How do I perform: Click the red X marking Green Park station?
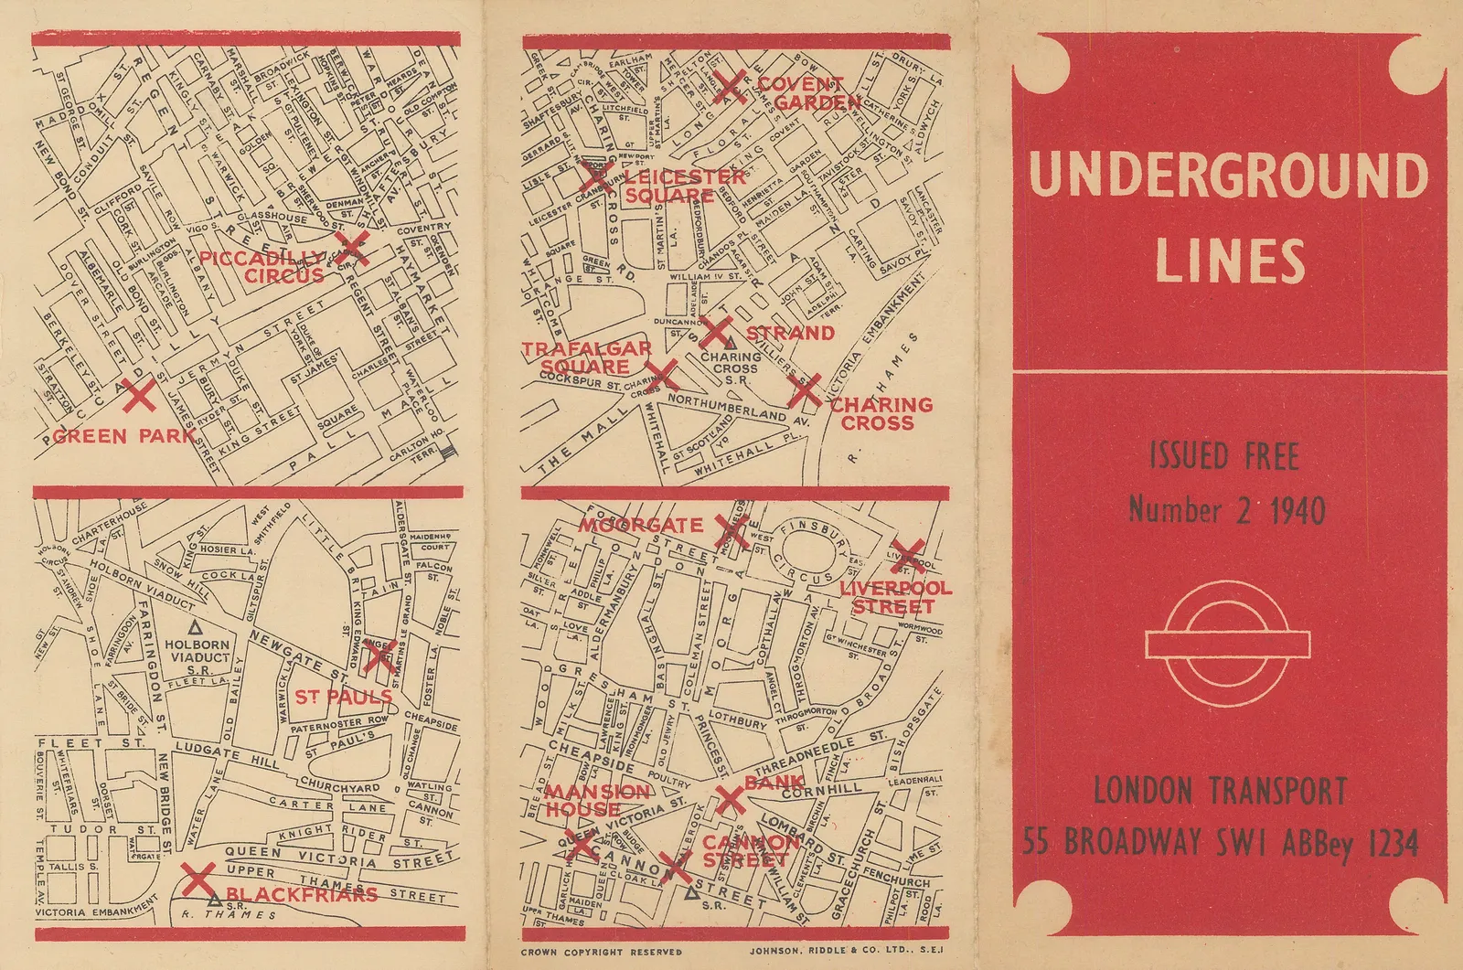pyautogui.click(x=139, y=397)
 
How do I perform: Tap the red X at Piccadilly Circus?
pyautogui.click(x=356, y=248)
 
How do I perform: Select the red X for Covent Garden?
pyautogui.click(x=730, y=88)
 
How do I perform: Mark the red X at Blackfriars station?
pyautogui.click(x=198, y=879)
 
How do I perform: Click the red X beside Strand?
pyautogui.click(x=717, y=333)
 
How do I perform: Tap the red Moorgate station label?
pyautogui.click(x=640, y=526)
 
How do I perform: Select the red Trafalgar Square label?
pyautogui.click(x=585, y=357)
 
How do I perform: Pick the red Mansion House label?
pyautogui.click(x=598, y=801)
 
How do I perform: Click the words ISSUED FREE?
pyautogui.click(x=1223, y=456)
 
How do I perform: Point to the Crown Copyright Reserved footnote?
pyautogui.click(x=601, y=952)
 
